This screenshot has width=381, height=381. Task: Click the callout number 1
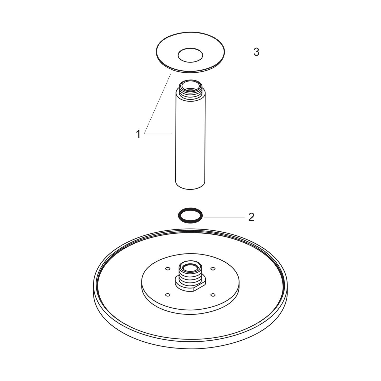click(x=138, y=134)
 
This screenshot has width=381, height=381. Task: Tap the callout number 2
click(x=251, y=217)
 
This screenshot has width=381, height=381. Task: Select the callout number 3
click(x=257, y=52)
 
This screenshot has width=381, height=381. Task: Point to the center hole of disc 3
click(x=190, y=55)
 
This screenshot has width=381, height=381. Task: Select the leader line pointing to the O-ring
click(x=224, y=217)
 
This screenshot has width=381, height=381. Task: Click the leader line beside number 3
click(x=238, y=52)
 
